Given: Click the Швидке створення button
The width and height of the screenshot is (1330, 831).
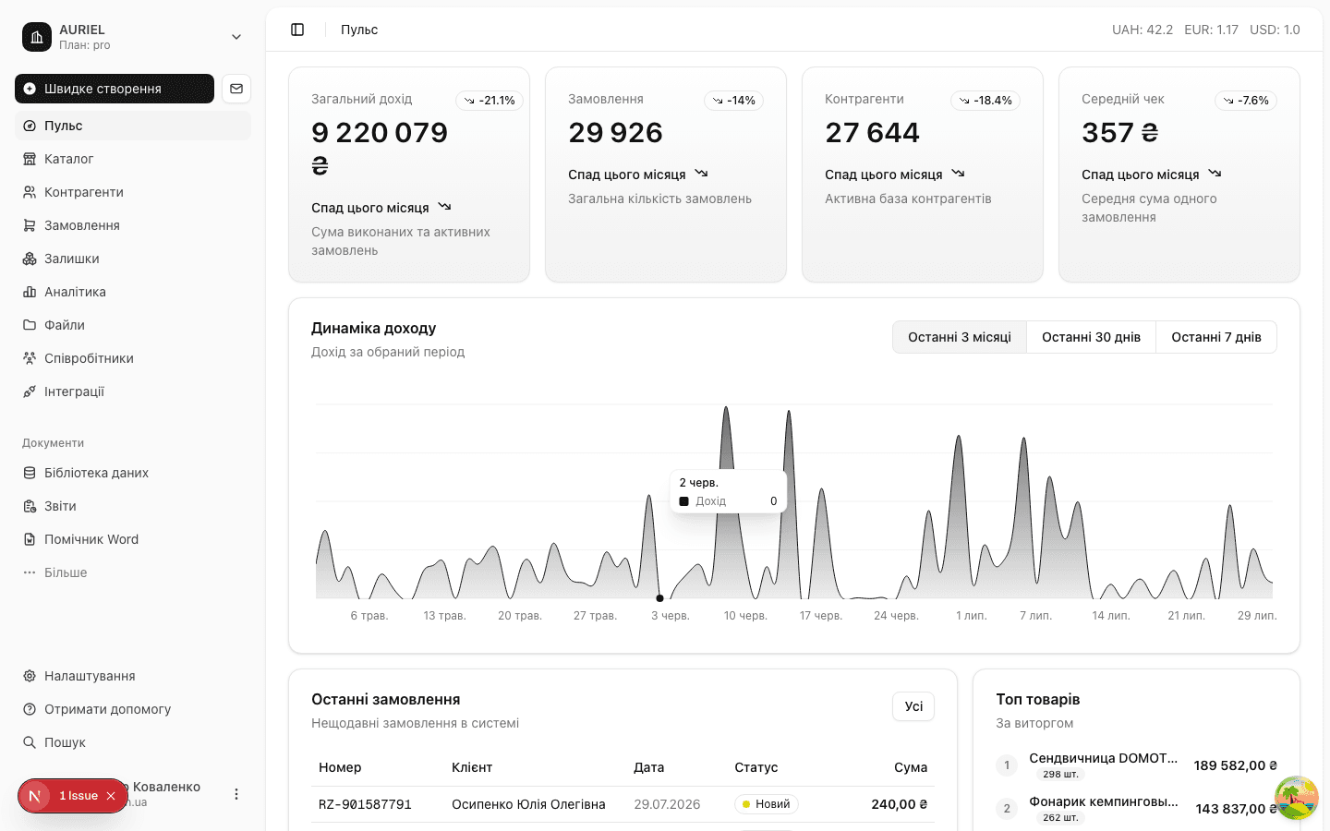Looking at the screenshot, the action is [x=114, y=89].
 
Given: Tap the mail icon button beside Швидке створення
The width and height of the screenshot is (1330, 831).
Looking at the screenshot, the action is [x=236, y=89].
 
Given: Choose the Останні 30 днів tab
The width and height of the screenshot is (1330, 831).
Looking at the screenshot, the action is [x=1091, y=337].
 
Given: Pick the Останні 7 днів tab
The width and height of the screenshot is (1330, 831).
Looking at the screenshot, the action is [x=1216, y=337].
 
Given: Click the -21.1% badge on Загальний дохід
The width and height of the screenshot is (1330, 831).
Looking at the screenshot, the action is [x=490, y=101].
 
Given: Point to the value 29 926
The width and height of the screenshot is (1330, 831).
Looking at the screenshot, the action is [x=615, y=132].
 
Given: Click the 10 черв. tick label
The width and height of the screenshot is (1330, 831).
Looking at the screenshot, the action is [x=745, y=616].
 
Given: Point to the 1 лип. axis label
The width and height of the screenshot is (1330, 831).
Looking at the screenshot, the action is [x=972, y=616].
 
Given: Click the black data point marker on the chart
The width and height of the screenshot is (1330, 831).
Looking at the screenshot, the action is [x=659, y=597].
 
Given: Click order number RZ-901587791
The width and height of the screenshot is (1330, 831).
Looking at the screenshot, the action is [x=365, y=804].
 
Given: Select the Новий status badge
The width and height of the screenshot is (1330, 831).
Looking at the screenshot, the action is [x=766, y=804].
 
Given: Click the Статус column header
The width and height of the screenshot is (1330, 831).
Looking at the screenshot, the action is [x=756, y=767].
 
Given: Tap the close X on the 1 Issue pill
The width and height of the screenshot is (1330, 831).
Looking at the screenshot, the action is [x=111, y=796].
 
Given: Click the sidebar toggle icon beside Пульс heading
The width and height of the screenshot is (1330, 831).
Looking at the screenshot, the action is [x=297, y=30].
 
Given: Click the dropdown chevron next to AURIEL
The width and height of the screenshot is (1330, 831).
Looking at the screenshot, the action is [x=236, y=37].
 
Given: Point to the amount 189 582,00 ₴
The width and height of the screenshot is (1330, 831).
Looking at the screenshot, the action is [x=1235, y=765].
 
